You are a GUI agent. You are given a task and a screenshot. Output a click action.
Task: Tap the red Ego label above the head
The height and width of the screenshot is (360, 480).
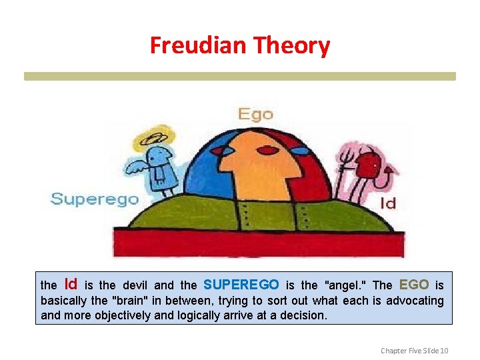click(x=256, y=114)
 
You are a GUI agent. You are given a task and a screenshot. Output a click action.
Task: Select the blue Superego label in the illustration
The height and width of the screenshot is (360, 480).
click(x=95, y=199)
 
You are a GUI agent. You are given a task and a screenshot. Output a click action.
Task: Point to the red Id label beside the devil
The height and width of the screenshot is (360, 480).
click(x=387, y=203)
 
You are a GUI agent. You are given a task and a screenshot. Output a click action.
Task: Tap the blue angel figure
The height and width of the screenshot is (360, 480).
click(x=160, y=167)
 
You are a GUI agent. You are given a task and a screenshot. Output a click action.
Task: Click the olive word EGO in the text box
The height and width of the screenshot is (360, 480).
click(x=413, y=284)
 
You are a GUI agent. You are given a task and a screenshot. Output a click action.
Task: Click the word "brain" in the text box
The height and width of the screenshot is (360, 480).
click(x=131, y=301)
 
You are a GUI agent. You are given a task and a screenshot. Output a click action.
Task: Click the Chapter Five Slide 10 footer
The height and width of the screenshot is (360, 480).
click(x=415, y=350)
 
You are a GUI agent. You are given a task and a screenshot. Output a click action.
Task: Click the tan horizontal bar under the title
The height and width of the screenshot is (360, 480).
click(x=240, y=77)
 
